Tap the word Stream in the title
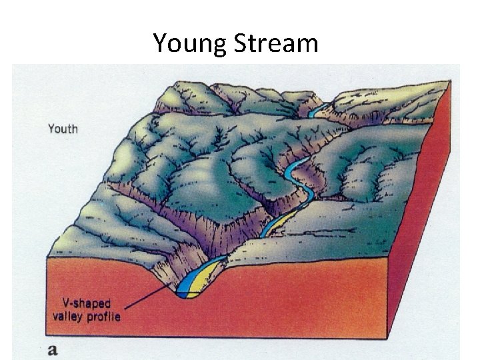pos(275,43)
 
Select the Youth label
pos(63,128)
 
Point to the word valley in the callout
pos(67,316)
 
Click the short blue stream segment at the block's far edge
pos(320,108)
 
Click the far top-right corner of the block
pos(450,81)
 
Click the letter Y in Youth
pos(51,128)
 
